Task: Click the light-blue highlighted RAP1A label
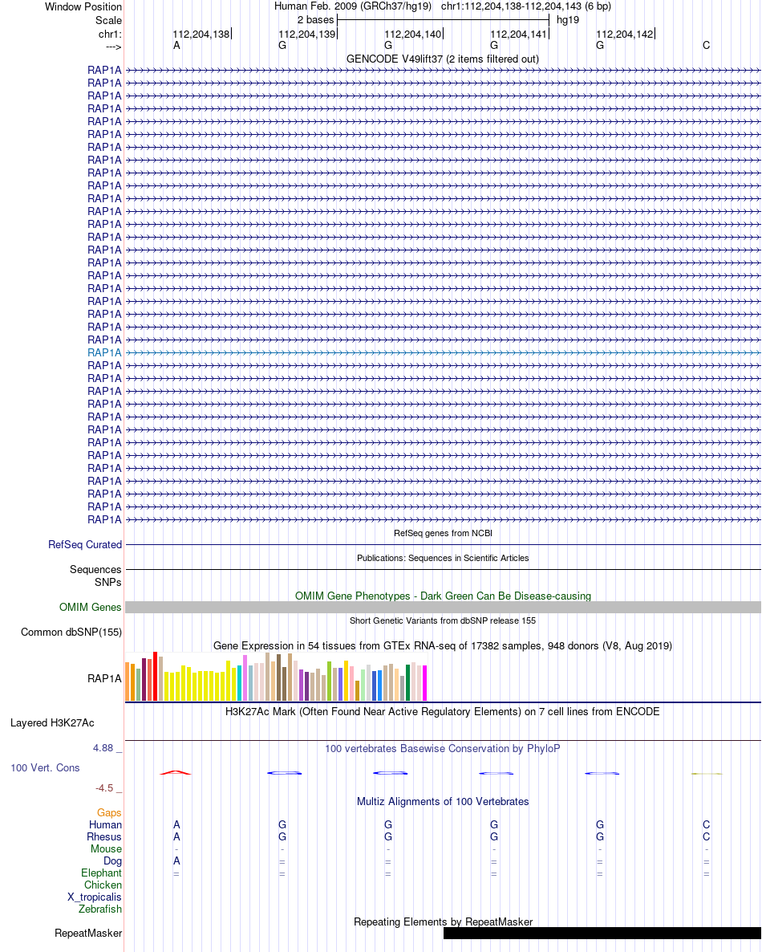coord(104,352)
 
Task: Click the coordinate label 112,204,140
coord(412,34)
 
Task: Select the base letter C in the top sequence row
coord(706,46)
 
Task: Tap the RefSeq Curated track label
coord(85,544)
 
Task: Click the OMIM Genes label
coord(91,607)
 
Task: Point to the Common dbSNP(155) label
coord(71,632)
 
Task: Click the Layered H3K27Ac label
coord(52,723)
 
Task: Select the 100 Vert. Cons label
coord(45,768)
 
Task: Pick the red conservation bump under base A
coord(176,772)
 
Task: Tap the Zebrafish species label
coord(100,909)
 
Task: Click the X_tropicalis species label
coord(95,897)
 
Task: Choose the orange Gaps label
coord(109,813)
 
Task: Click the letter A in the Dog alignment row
coord(176,861)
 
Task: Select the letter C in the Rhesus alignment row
coord(706,836)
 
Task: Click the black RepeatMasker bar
coord(602,934)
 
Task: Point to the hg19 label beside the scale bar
coord(568,20)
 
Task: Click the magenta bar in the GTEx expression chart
coord(424,683)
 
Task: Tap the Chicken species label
coord(103,885)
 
